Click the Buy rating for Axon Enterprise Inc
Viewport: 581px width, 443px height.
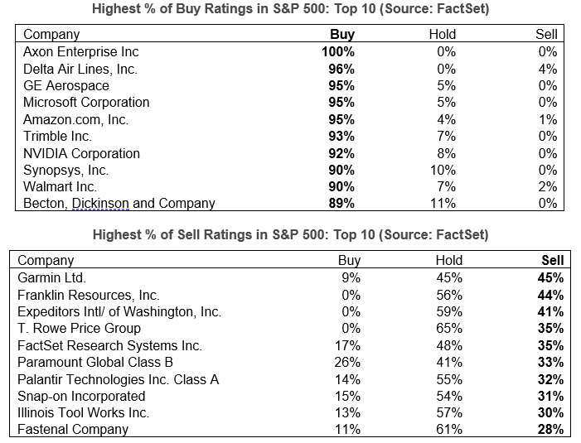pos(337,51)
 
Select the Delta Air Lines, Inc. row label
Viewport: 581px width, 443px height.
pos(80,69)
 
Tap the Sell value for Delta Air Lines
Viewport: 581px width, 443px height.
pos(547,69)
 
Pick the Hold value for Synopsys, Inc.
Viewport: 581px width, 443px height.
pos(443,170)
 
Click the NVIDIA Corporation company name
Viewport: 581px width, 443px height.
pos(81,153)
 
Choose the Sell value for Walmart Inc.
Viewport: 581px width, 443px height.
pos(547,187)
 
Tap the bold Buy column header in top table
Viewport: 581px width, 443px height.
pos(342,35)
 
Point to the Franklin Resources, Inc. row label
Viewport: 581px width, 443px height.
pos(89,295)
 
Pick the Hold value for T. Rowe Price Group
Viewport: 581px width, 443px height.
pos(448,329)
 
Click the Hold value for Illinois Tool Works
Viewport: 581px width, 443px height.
pos(448,413)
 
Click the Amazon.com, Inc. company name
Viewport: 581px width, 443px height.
pos(76,119)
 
